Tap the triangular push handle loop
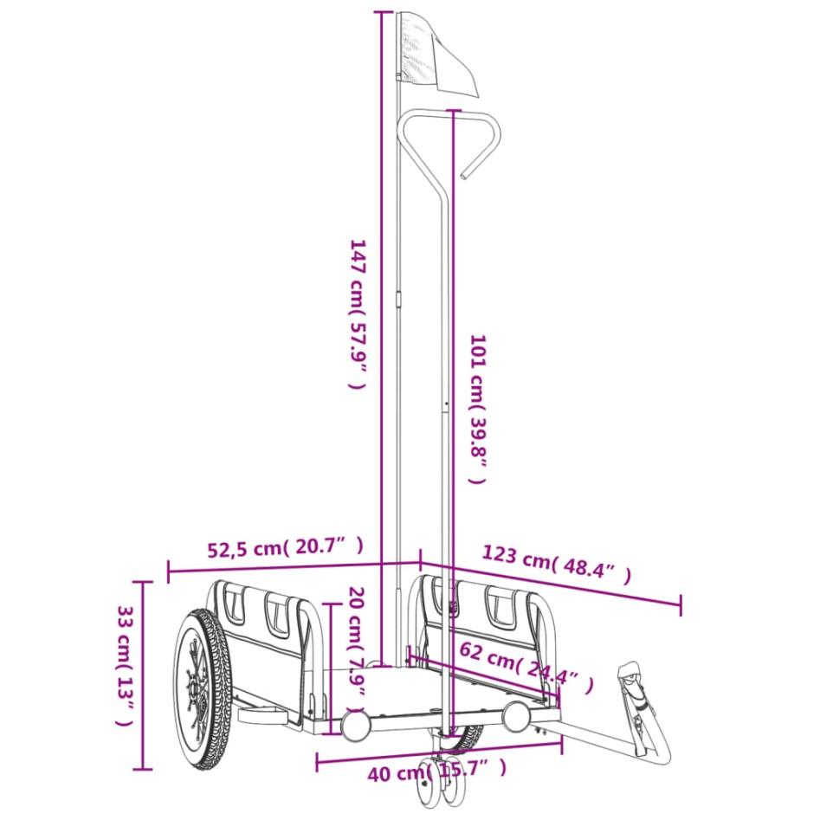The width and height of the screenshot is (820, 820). pos(450,130)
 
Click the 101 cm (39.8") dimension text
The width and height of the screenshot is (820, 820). pos(478,409)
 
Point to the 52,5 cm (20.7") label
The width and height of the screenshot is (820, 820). pos(285,547)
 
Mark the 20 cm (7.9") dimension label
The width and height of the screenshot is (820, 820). pos(355,642)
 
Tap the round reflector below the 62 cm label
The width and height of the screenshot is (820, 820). pos(517,714)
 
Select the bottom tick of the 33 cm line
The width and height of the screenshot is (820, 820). pos(144,768)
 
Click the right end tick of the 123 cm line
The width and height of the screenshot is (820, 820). pos(680,605)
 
